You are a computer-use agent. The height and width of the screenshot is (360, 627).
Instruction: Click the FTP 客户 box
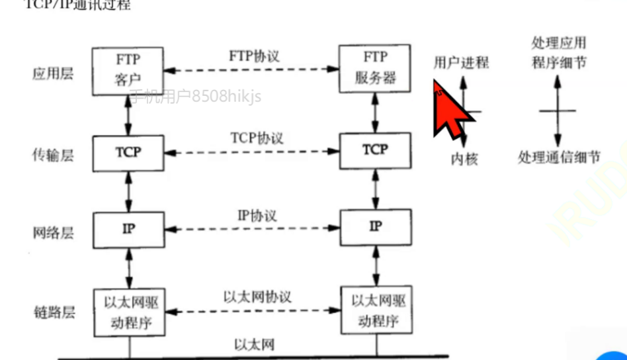[x=128, y=69]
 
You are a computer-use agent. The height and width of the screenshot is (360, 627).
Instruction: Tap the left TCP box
[x=128, y=152]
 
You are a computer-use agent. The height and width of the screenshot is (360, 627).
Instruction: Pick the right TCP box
[x=374, y=150]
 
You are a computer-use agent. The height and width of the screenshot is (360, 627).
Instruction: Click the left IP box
[x=128, y=228]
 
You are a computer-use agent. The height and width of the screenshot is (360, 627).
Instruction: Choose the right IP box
[x=374, y=227]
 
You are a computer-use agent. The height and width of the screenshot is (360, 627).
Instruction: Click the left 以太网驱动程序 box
[x=128, y=311]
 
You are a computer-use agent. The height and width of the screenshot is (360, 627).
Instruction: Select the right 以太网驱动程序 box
[x=375, y=309]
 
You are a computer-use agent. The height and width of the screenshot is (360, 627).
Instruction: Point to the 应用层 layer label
[x=52, y=73]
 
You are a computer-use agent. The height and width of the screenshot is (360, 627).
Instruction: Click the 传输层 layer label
[x=52, y=156]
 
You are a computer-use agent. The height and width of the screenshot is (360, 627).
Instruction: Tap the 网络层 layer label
[x=52, y=232]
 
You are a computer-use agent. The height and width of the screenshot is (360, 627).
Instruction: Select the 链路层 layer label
[x=52, y=312]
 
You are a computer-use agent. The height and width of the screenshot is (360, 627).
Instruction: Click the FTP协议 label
[x=254, y=55]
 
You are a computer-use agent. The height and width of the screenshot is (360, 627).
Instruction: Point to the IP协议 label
[x=257, y=216]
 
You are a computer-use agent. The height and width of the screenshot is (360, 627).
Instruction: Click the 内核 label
[x=464, y=159]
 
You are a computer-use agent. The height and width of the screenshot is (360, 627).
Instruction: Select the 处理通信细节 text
[x=559, y=157]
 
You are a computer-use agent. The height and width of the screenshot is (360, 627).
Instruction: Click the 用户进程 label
[x=461, y=63]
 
